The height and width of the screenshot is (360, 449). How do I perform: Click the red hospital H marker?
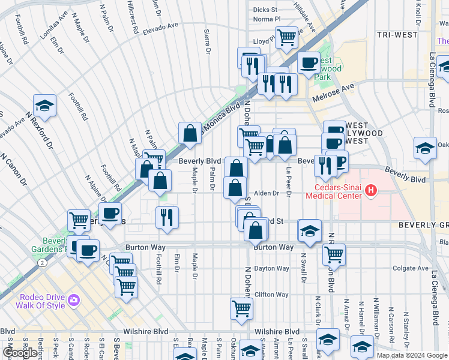(x=372, y=191)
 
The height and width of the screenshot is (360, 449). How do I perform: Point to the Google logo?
(x=20, y=353)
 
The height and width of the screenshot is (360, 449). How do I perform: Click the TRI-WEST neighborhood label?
(x=398, y=35)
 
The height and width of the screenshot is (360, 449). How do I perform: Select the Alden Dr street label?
(x=267, y=193)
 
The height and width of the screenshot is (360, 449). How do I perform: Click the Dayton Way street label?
(x=267, y=269)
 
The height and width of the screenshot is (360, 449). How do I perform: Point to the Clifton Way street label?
(x=272, y=295)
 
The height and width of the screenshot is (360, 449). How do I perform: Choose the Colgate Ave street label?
(x=411, y=268)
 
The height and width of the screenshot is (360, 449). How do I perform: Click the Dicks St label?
(x=265, y=10)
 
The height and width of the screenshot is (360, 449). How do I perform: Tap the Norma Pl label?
(x=267, y=19)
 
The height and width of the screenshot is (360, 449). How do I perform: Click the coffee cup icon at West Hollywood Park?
(x=309, y=62)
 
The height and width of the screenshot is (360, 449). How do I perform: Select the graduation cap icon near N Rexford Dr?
(x=44, y=106)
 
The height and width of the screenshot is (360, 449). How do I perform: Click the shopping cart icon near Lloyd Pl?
(x=287, y=37)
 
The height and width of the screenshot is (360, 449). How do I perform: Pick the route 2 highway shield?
(x=40, y=262)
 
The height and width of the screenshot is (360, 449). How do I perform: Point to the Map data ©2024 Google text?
(x=411, y=355)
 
